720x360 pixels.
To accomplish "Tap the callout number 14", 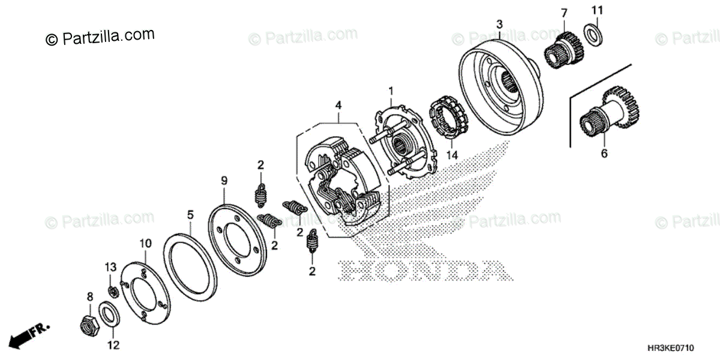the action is pos(452,154).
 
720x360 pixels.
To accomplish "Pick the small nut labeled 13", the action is pos(112,292).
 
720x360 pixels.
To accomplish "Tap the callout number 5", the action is pos(190,214).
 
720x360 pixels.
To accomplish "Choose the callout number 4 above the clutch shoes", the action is pos(338,105).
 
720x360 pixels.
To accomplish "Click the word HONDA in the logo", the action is pos(424,272).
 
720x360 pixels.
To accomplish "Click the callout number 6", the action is pos(604,154).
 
